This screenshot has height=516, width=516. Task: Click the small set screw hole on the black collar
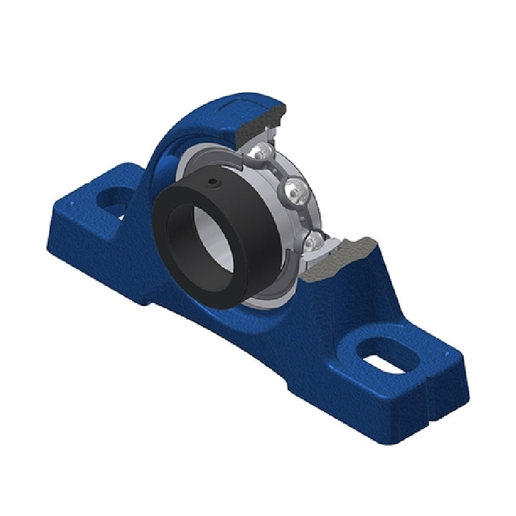[x=213, y=185]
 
